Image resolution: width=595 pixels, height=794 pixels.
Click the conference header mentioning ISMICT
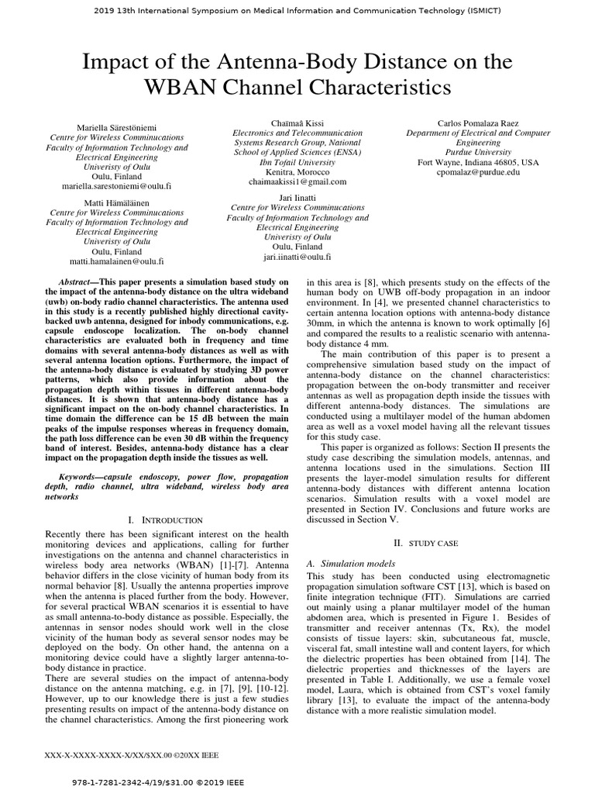point(297,10)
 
